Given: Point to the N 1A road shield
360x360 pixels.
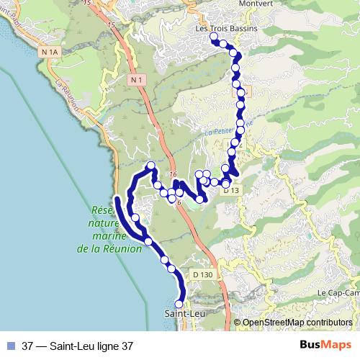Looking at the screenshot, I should click(50, 52).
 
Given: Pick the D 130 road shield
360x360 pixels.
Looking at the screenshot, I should click(202, 274).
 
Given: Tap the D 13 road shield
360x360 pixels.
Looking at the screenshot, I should click(230, 190).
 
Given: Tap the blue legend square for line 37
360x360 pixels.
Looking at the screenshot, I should click(11, 345).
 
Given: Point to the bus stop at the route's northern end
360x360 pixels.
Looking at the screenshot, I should click(213, 37).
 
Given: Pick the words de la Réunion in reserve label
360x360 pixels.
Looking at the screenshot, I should click(105, 249).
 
